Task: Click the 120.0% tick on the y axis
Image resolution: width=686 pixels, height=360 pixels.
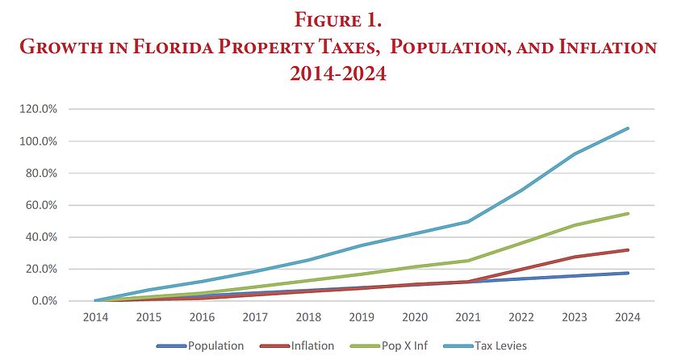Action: [61, 109]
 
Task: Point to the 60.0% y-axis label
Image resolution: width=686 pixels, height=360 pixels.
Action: [64, 205]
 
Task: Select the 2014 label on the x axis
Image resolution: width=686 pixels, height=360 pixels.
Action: [95, 316]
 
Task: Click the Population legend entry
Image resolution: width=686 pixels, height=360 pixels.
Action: [215, 345]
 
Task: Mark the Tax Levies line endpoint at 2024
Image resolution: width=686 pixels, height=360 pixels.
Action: [627, 128]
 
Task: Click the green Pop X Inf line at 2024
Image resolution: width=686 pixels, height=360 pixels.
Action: [627, 214]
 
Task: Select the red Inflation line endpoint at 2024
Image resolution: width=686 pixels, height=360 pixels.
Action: [627, 250]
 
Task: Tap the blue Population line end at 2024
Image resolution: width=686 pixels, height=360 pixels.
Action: [627, 273]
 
